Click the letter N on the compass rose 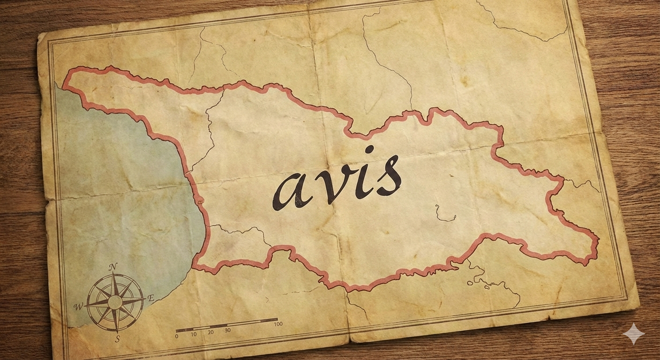coord(112,267)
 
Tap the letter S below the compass coord(117,338)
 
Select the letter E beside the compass coord(151,298)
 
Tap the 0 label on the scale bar coord(177,336)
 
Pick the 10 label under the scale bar coord(194,334)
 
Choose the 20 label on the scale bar coord(210,332)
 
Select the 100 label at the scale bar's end coord(278,324)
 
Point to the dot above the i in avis coord(369,150)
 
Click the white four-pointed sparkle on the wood coord(634,334)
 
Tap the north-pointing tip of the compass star coord(113,275)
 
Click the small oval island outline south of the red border coord(470,282)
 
